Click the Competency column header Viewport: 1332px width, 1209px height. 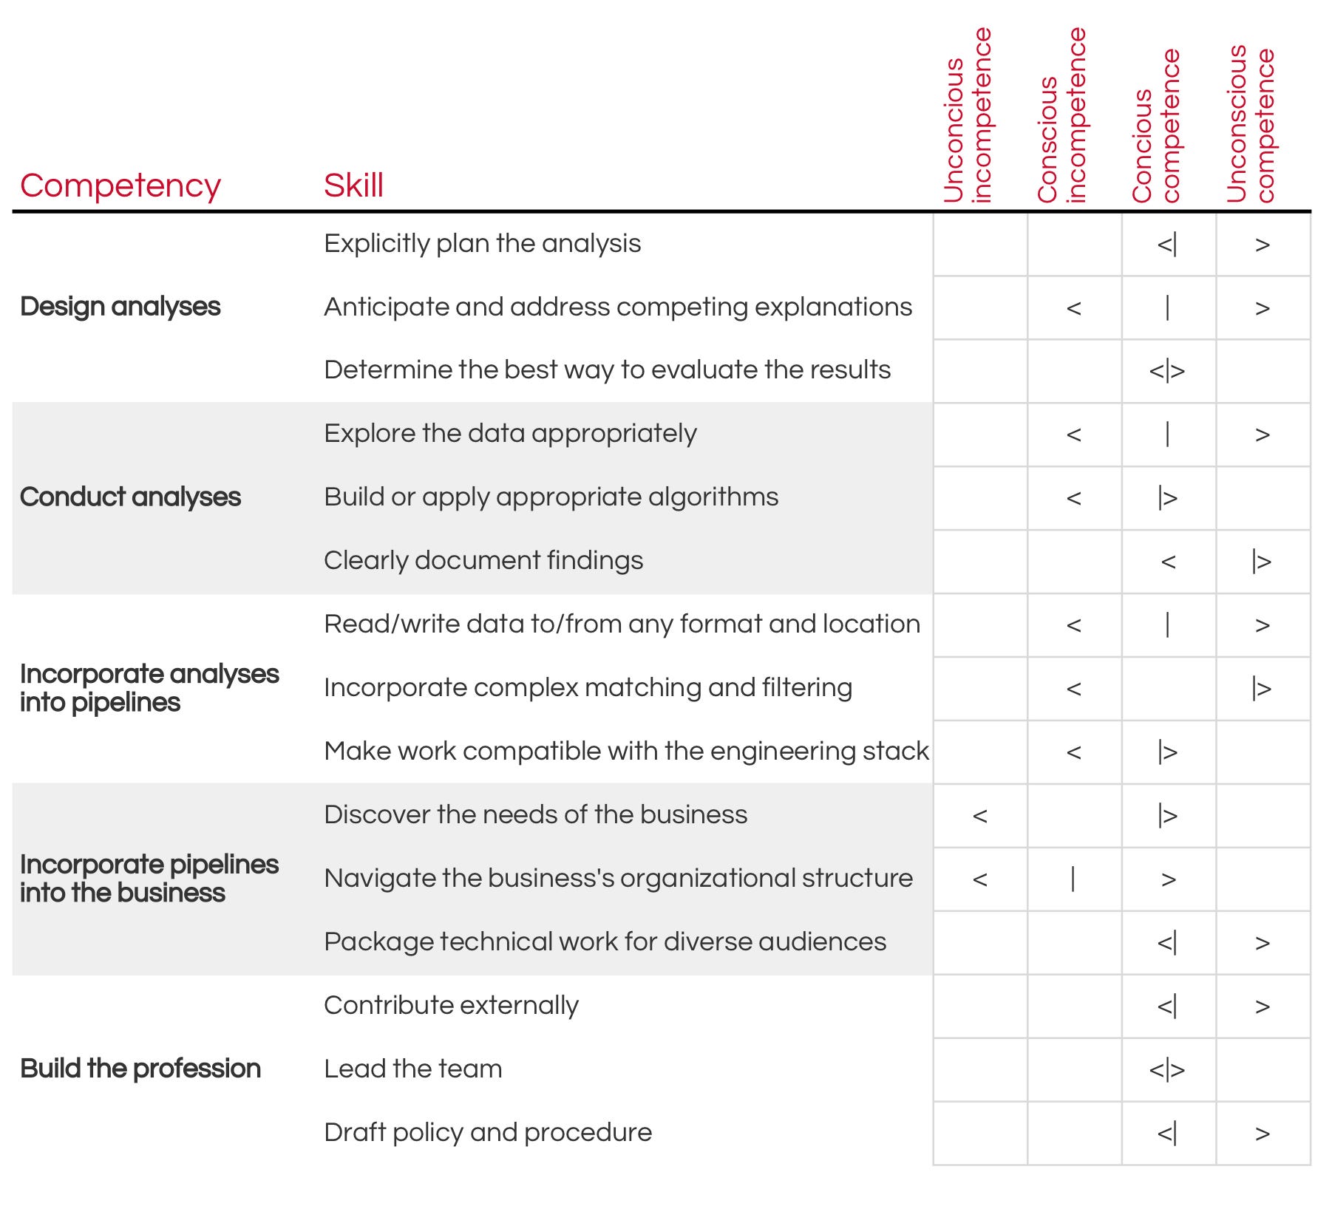click(x=120, y=185)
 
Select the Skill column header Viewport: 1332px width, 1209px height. click(x=353, y=185)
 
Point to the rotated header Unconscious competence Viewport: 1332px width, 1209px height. click(x=1251, y=124)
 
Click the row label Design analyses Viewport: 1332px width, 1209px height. click(x=120, y=307)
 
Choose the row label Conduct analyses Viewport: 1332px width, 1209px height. click(x=130, y=497)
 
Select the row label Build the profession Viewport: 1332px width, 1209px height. click(x=140, y=1069)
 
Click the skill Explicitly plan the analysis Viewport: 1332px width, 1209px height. click(x=482, y=244)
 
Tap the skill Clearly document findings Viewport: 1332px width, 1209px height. click(x=483, y=561)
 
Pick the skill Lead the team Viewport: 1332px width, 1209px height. click(x=412, y=1069)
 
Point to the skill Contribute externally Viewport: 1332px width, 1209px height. click(x=451, y=1006)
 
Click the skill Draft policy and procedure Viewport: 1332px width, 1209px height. click(x=488, y=1133)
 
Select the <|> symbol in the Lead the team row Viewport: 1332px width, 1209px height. click(x=1167, y=1070)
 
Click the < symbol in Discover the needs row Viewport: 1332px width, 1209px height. click(x=980, y=816)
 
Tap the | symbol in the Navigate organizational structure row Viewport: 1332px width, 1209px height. click(x=1073, y=879)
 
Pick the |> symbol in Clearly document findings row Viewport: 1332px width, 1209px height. click(x=1262, y=562)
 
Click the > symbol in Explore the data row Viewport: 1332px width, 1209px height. click(x=1263, y=435)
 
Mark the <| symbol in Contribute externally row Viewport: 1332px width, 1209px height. click(x=1167, y=1007)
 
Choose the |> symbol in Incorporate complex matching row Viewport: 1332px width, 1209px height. click(x=1262, y=689)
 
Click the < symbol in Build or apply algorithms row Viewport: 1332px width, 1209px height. click(x=1074, y=498)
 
